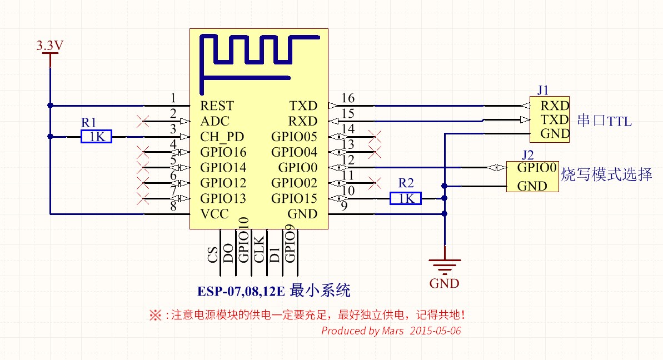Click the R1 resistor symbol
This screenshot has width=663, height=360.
pyautogui.click(x=96, y=137)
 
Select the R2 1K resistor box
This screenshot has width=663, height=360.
pyautogui.click(x=406, y=198)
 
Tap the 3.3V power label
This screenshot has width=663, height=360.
pyautogui.click(x=50, y=45)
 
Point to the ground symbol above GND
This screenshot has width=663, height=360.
pyautogui.click(x=445, y=266)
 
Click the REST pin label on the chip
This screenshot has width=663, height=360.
pyautogui.click(x=217, y=106)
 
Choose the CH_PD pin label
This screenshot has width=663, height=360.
pyautogui.click(x=222, y=137)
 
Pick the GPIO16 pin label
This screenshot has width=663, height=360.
pyautogui.click(x=223, y=152)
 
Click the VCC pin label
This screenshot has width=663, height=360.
pyautogui.click(x=215, y=214)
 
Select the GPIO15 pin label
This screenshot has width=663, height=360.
pyautogui.click(x=295, y=198)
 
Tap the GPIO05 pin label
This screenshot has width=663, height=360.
pyautogui.click(x=295, y=137)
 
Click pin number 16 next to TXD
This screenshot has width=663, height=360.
pyautogui.click(x=348, y=98)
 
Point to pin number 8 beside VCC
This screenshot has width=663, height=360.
pyautogui.click(x=173, y=206)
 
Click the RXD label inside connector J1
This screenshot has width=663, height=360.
pyautogui.click(x=555, y=106)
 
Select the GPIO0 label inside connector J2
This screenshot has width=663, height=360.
pyautogui.click(x=537, y=168)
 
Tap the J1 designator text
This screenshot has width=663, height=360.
pyautogui.click(x=543, y=90)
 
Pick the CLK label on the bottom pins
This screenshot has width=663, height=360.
pyautogui.click(x=259, y=249)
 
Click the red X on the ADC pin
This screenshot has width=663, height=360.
pyautogui.click(x=143, y=121)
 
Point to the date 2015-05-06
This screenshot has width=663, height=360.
pyautogui.click(x=435, y=331)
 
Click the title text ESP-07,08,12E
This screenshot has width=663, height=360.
pyautogui.click(x=241, y=292)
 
